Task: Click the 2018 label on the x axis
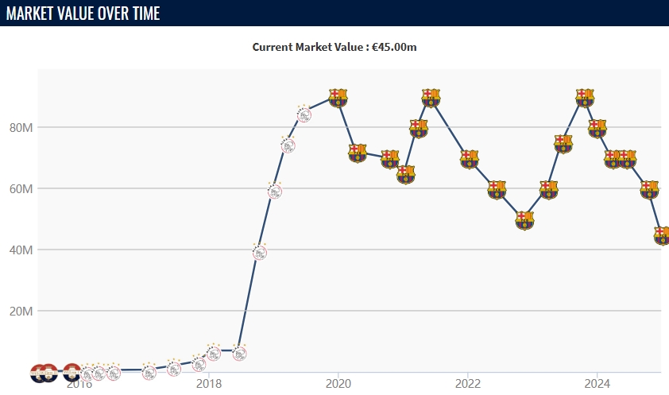[208, 384]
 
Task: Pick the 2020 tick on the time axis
[338, 384]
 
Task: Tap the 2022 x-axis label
[468, 384]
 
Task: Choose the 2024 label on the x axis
[597, 384]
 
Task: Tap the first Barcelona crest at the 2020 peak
[338, 98]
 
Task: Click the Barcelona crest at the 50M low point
[524, 220]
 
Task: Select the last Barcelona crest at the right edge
[662, 235]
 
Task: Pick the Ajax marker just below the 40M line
[259, 252]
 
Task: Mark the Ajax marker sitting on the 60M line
[275, 190]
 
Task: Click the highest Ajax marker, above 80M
[304, 114]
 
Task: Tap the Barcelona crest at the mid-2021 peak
[431, 98]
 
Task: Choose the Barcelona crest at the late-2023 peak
[585, 98]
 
